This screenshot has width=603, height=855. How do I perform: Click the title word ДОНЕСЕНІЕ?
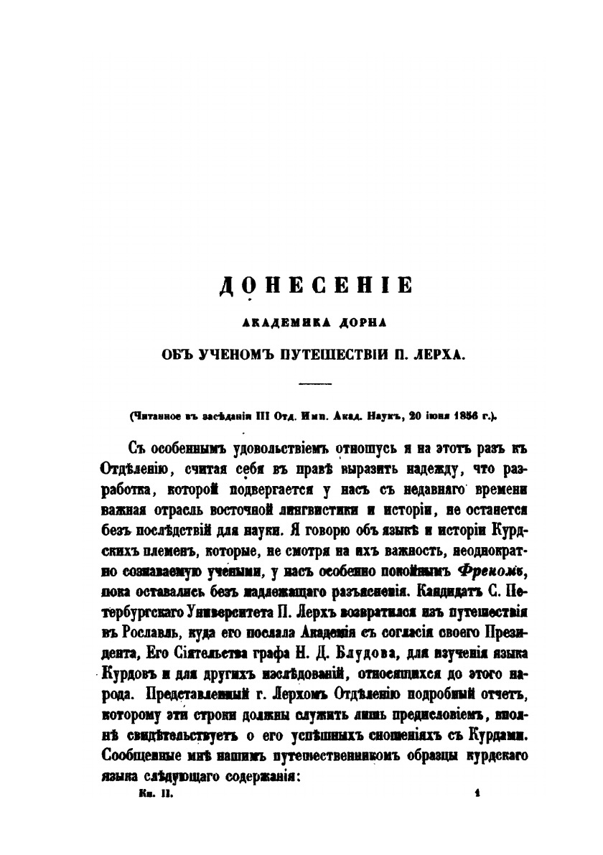[x=316, y=285]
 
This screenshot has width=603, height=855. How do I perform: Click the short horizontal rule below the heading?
[x=316, y=384]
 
